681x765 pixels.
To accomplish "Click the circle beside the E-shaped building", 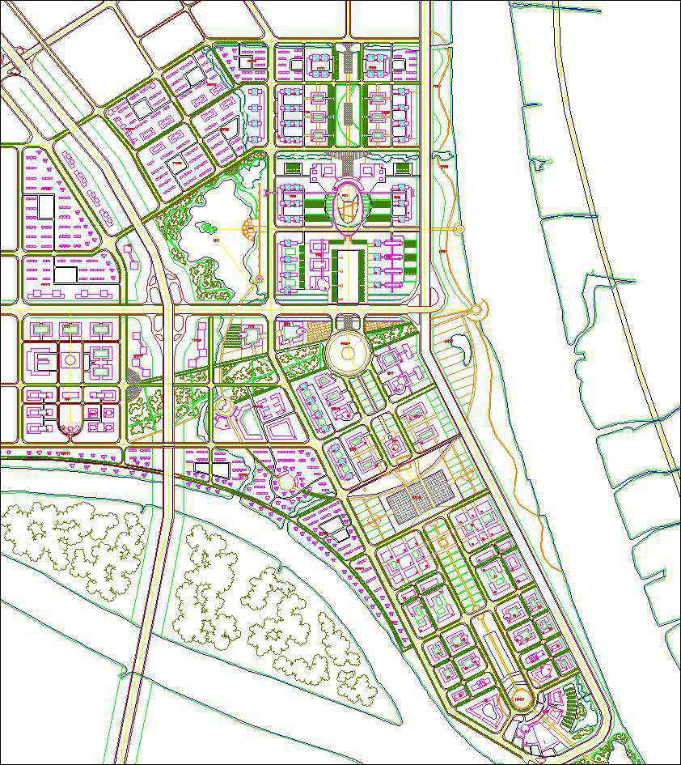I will point(70,359).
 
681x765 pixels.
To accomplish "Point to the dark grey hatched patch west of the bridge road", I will point(134,376).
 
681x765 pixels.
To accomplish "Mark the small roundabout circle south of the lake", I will point(224,402).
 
